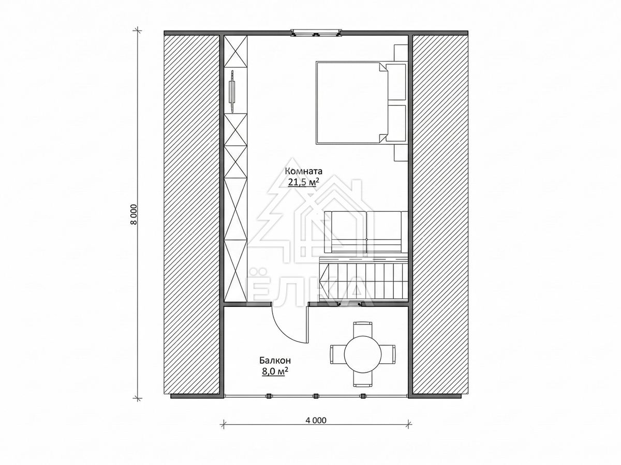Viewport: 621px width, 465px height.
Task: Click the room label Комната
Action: (x=303, y=171)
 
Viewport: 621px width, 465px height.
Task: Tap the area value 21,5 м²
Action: (x=302, y=182)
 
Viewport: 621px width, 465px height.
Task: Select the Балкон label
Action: (x=275, y=360)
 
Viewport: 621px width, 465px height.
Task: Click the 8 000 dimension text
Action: (x=134, y=214)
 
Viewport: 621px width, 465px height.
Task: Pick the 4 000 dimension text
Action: (x=316, y=428)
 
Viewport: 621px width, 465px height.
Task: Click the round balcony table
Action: (x=363, y=354)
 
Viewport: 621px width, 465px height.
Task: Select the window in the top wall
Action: (x=316, y=33)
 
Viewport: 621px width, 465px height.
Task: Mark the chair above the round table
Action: (x=363, y=328)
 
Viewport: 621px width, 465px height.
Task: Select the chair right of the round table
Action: (x=389, y=354)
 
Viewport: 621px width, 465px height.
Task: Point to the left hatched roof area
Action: (x=192, y=214)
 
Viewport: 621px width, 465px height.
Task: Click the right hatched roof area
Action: (x=440, y=214)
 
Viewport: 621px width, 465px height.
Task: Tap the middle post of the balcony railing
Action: (x=316, y=396)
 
